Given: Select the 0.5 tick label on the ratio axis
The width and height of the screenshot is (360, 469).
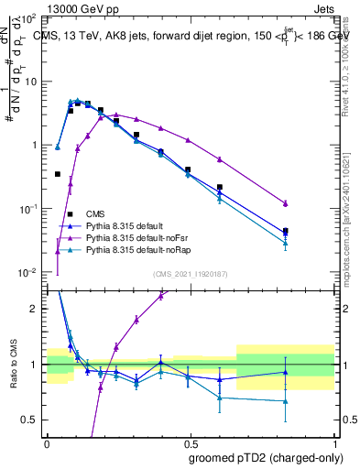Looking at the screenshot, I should pyautogui.click(x=31, y=420).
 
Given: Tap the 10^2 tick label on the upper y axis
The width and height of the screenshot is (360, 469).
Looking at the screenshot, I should pyautogui.click(x=28, y=18).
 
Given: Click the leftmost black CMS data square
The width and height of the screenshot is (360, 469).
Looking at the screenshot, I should pyautogui.click(x=58, y=174).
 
